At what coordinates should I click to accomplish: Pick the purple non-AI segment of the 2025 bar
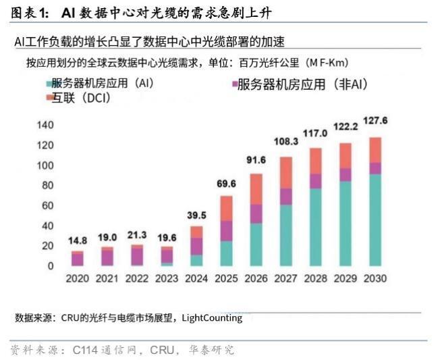(x=225, y=231)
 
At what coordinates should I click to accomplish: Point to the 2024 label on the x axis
(x=196, y=278)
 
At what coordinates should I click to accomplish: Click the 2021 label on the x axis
(x=106, y=278)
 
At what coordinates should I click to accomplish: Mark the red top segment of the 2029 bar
(x=345, y=156)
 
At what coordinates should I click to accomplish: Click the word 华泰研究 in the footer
(x=214, y=350)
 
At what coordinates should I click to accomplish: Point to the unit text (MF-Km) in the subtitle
(x=327, y=63)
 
